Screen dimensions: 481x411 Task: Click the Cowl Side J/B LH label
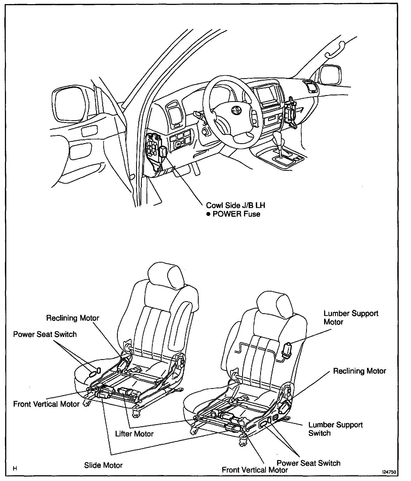(235, 205)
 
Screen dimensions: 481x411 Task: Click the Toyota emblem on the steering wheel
(236, 110)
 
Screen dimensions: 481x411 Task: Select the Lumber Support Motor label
(351, 317)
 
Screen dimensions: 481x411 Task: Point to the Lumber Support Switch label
(335, 429)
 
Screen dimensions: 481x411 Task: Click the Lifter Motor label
(134, 434)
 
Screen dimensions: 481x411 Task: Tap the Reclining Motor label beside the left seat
(72, 318)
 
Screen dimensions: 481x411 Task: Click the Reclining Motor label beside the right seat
(359, 371)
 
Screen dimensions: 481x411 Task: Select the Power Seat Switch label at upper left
(45, 334)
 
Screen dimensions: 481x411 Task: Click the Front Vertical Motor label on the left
(46, 404)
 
